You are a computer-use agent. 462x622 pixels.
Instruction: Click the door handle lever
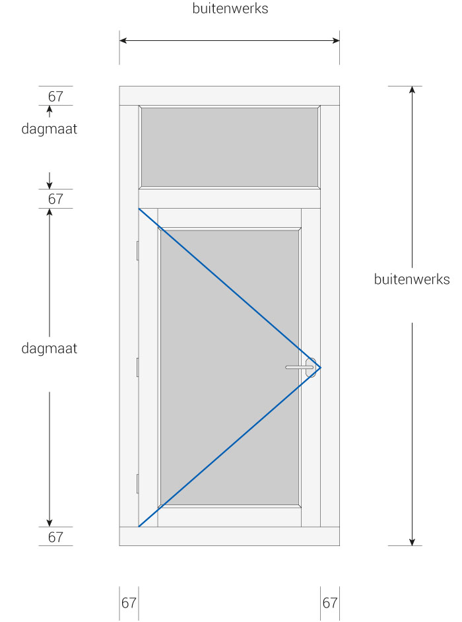click(x=298, y=367)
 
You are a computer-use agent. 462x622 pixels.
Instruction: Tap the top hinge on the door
click(x=137, y=250)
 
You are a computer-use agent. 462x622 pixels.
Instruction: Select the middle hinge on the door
click(x=137, y=367)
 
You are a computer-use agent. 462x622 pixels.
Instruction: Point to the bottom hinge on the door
click(x=137, y=483)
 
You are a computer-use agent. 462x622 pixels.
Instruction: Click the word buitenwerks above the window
click(x=230, y=9)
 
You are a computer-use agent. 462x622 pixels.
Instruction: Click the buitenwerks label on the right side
click(x=412, y=279)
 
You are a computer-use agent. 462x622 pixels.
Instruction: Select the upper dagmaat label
click(x=49, y=129)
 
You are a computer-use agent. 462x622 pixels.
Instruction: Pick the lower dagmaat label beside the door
click(x=49, y=349)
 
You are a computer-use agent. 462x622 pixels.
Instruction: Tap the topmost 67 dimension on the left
click(x=55, y=96)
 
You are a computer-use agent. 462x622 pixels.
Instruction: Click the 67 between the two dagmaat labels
click(x=55, y=199)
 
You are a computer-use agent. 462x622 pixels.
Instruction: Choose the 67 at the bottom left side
click(x=55, y=537)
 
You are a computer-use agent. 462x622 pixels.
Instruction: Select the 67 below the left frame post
click(x=129, y=603)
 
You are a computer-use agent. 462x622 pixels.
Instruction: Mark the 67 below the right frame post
click(x=330, y=603)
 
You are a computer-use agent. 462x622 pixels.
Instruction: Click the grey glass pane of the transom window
click(x=230, y=147)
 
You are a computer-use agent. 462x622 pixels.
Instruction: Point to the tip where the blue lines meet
click(x=320, y=368)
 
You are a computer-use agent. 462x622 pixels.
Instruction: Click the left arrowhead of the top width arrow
click(x=123, y=40)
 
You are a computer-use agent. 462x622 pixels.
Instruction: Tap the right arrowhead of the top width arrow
click(x=337, y=40)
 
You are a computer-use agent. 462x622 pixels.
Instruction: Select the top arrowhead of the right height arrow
click(x=412, y=89)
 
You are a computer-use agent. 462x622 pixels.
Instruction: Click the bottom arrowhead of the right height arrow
click(x=412, y=542)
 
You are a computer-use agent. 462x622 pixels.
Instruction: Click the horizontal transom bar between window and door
click(x=230, y=199)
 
